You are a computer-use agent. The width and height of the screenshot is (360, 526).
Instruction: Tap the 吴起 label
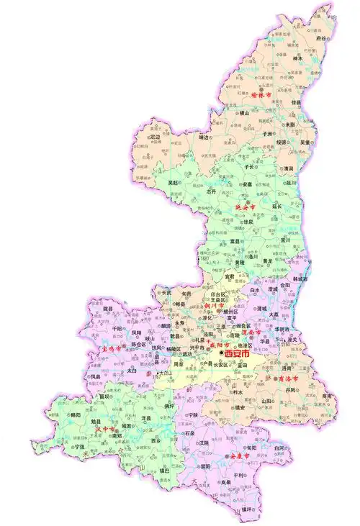[174, 183]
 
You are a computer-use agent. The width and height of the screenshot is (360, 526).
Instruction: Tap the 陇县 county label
[109, 308]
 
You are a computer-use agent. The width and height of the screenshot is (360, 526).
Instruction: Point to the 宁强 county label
[79, 446]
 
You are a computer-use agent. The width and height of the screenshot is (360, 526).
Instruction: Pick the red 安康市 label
[239, 456]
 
